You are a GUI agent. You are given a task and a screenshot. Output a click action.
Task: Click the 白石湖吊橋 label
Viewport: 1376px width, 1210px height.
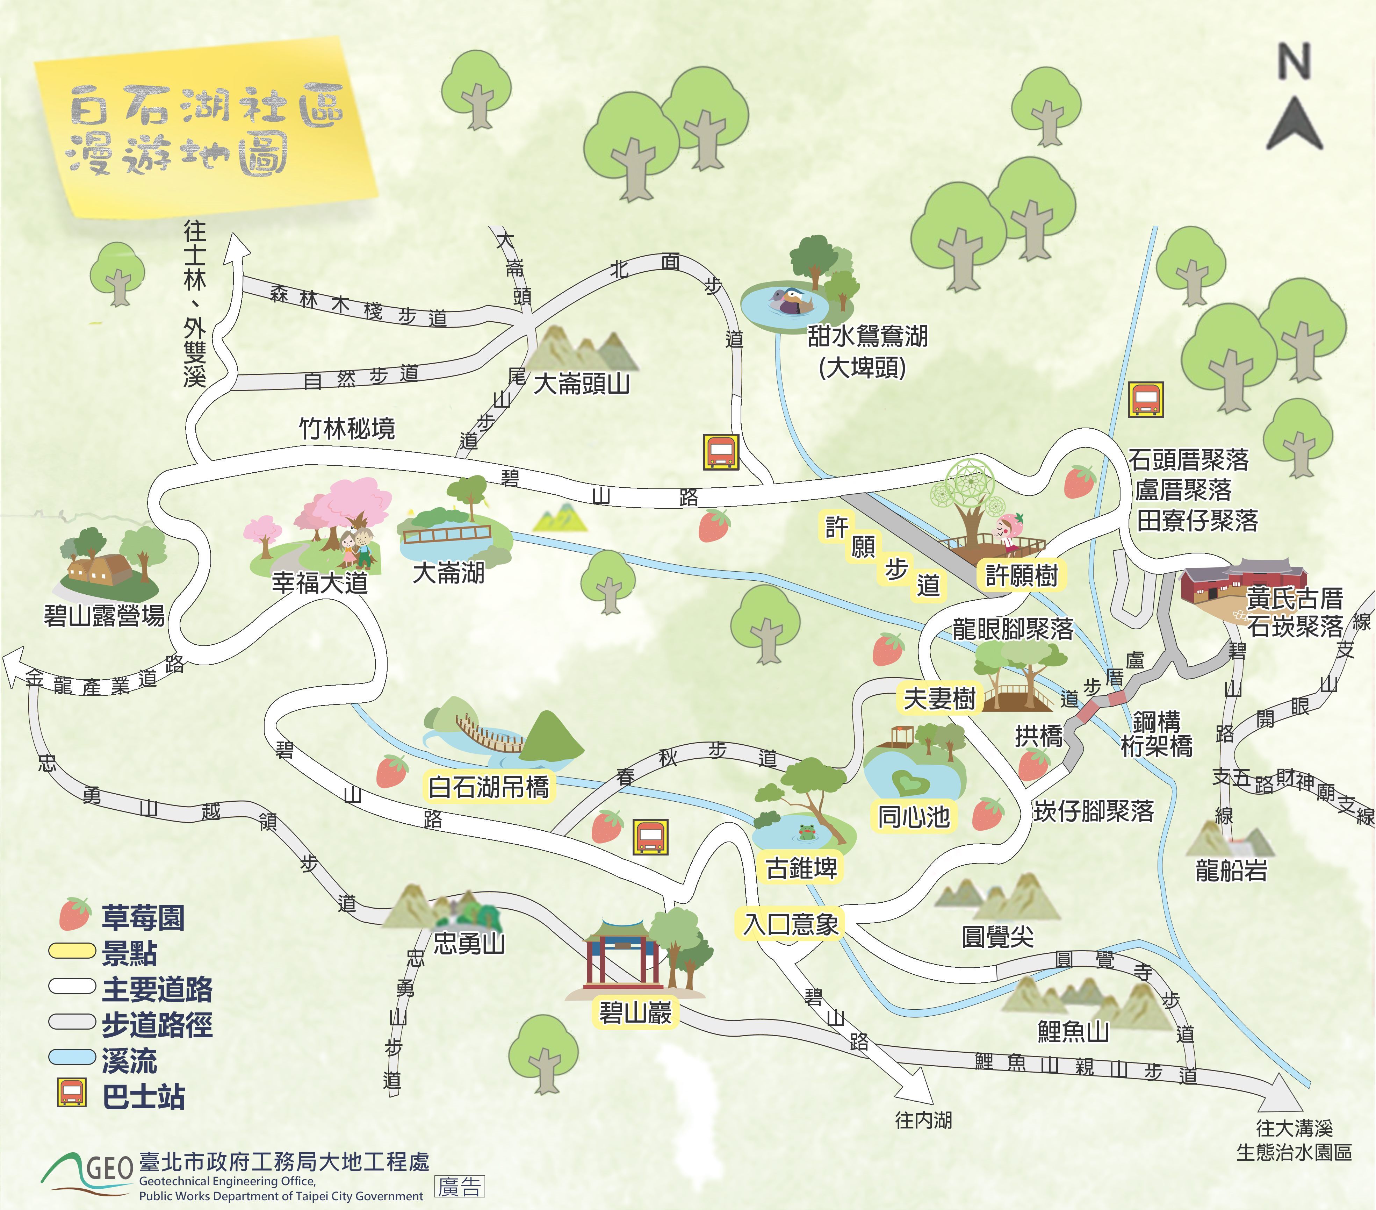[x=489, y=787]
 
